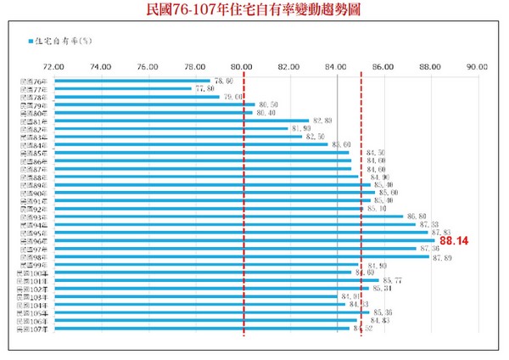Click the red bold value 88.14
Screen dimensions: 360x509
tap(454, 241)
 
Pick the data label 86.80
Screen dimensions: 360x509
tap(417, 217)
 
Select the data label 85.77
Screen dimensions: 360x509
tap(392, 280)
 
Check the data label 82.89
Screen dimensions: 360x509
tap(322, 121)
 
